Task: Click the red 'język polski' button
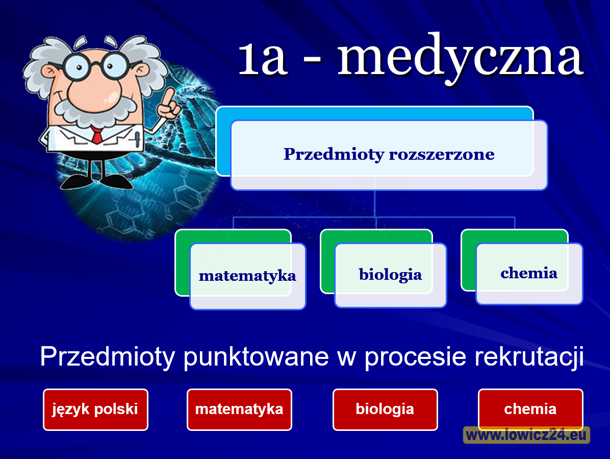(95, 409)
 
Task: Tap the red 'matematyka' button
(239, 409)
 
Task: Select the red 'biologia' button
(385, 409)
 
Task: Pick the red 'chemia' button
(530, 409)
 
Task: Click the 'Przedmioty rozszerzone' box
(389, 155)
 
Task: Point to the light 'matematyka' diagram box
(248, 276)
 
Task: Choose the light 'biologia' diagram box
(391, 275)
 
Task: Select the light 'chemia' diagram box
(529, 274)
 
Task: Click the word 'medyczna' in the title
(460, 58)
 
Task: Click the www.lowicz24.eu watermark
(526, 435)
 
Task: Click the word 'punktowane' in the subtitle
(256, 357)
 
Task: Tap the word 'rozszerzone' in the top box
(442, 154)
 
